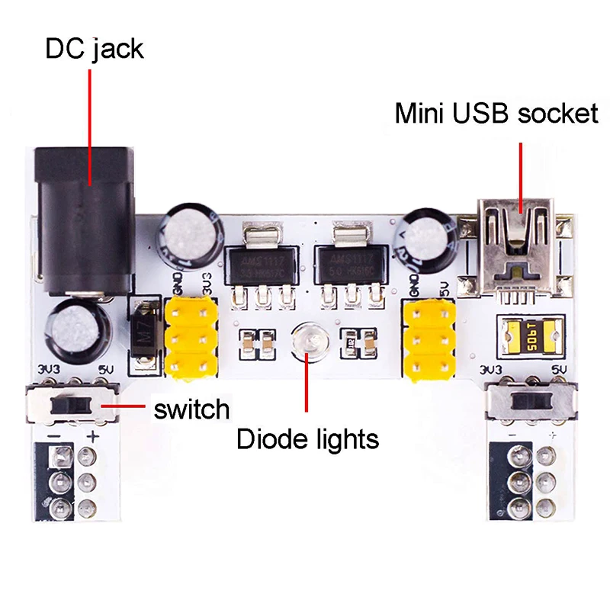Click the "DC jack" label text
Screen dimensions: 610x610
[x=94, y=48]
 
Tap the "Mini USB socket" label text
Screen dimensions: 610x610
[x=496, y=114]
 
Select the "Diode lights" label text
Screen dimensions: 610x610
[x=307, y=439]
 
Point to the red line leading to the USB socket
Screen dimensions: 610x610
[x=521, y=172]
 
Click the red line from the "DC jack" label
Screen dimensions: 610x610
[x=91, y=122]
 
